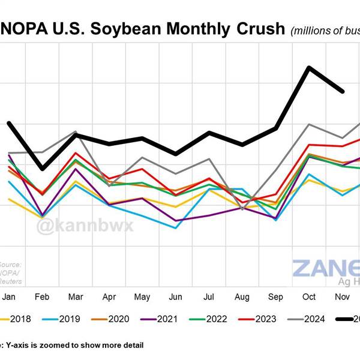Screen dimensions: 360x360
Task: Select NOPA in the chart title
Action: pos(22,29)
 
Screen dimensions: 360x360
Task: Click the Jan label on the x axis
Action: pos(8,296)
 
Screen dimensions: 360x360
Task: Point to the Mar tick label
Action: pos(76,296)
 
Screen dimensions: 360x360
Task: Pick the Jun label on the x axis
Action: pos(176,296)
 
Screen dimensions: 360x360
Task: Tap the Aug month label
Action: pos(242,296)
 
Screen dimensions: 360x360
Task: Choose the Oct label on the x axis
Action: pos(310,296)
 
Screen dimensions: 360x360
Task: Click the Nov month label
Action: pos(343,296)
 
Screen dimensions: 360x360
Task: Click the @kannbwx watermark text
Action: pos(86,226)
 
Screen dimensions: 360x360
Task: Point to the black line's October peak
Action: pos(309,67)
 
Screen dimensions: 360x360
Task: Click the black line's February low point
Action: pos(42,169)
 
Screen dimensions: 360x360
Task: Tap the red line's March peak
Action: pos(76,153)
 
